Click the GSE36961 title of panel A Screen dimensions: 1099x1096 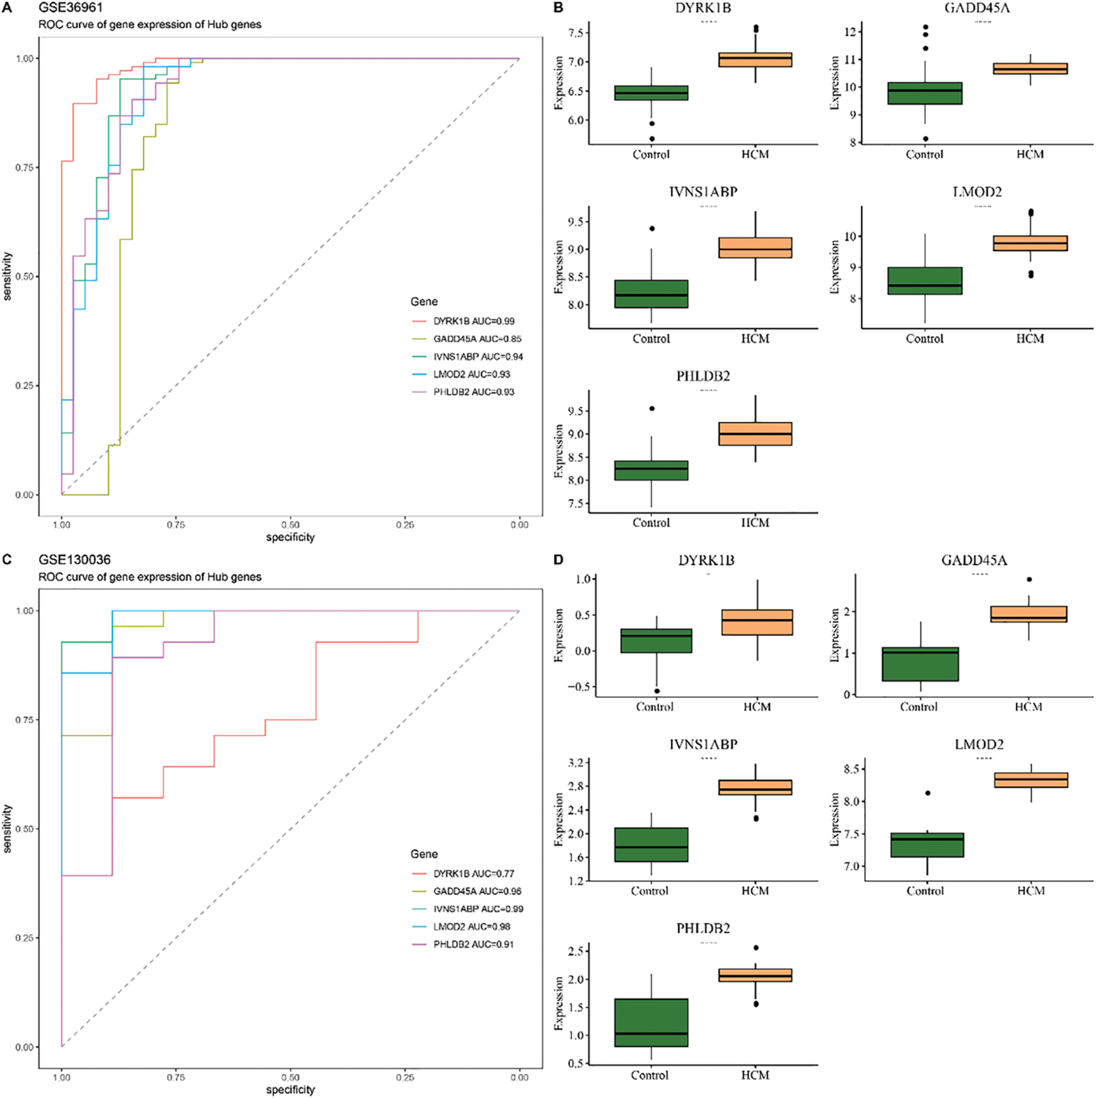70,8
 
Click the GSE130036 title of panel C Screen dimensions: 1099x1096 74,560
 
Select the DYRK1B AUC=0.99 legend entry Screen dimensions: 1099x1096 474,321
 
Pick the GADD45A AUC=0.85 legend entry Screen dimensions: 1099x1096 477,339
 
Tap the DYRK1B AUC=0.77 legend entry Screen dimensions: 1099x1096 474,873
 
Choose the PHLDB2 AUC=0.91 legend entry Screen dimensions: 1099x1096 473,944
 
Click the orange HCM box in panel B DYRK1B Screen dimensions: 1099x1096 755,59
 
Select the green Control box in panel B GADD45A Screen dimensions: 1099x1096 925,93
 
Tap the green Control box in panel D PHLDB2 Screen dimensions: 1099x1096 651,1022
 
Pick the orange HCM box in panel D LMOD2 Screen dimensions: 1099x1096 1031,780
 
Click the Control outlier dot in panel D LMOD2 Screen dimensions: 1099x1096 928,793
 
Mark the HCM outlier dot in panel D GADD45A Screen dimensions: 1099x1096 1029,579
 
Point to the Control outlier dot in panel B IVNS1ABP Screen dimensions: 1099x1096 652,229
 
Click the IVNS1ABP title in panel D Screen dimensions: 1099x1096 703,745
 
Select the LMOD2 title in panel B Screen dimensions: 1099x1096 977,192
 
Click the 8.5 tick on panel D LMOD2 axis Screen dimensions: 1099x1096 851,769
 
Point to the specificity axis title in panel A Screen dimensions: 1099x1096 290,537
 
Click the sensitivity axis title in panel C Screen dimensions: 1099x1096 7,828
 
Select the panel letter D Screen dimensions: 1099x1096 558,560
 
